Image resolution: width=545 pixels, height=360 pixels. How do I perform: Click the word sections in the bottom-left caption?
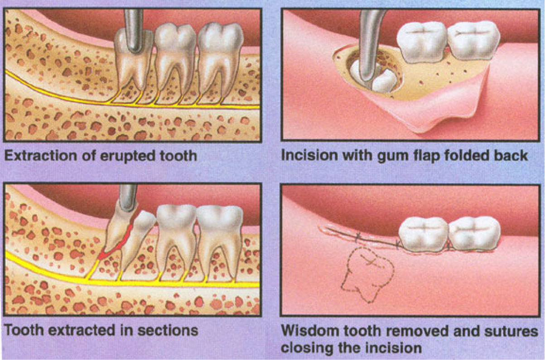[x=168, y=331]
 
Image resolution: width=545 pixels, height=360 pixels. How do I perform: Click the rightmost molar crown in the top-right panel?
[x=473, y=41]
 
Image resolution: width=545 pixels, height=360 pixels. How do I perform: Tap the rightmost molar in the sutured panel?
[x=474, y=234]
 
